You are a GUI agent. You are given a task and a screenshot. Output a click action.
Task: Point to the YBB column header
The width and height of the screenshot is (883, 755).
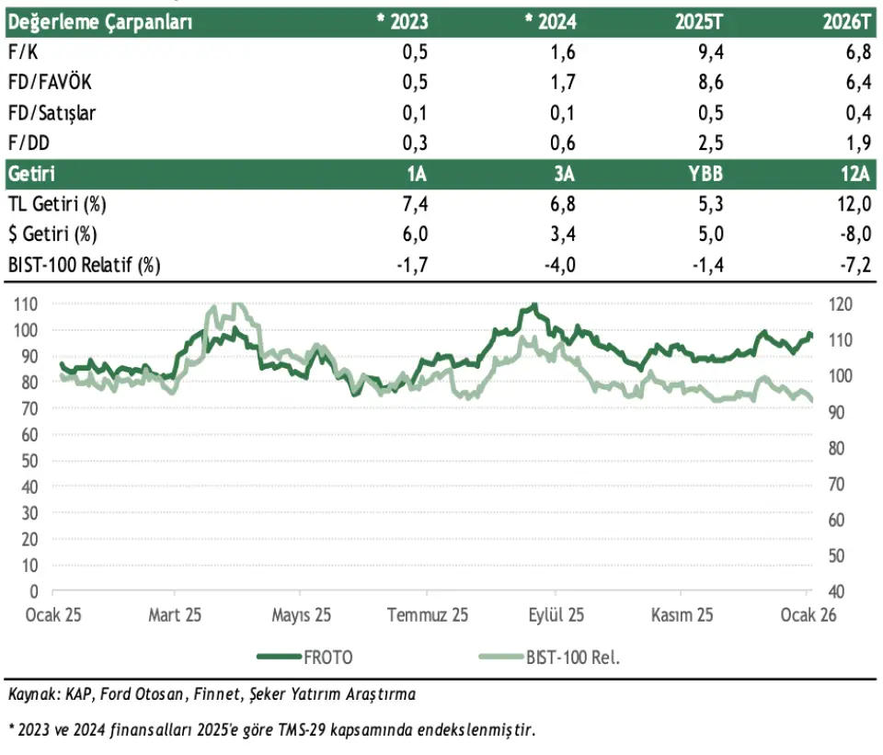tap(706, 174)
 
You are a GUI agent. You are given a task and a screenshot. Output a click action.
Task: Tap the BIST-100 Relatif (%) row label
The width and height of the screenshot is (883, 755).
tap(84, 265)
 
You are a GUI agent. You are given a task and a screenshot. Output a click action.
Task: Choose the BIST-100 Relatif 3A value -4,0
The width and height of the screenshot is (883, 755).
tap(559, 265)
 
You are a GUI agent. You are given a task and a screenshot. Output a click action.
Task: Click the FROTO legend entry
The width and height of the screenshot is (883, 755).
tap(327, 657)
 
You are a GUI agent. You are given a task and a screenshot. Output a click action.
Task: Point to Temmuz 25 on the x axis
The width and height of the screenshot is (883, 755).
tap(428, 614)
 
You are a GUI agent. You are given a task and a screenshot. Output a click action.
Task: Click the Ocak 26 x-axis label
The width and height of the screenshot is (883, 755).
tap(808, 614)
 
